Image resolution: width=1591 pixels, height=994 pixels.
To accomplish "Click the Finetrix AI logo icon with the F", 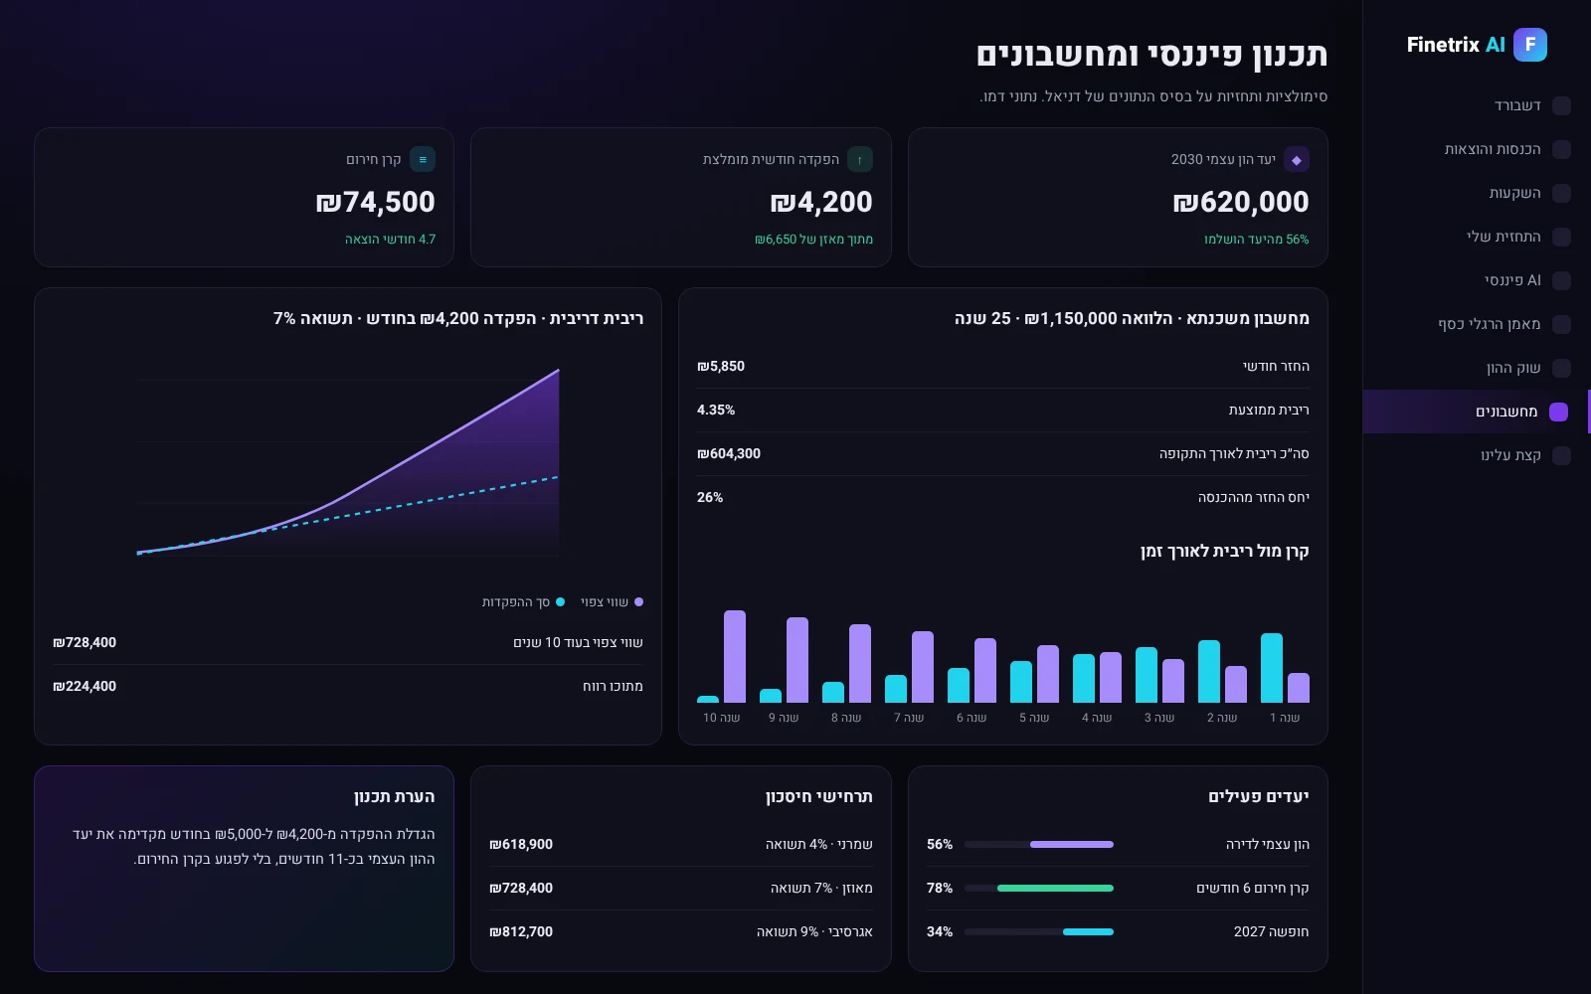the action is (x=1530, y=45).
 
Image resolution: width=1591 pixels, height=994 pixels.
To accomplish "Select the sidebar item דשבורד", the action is (x=1517, y=105).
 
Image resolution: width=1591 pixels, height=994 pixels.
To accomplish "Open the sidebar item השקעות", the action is (x=1515, y=193).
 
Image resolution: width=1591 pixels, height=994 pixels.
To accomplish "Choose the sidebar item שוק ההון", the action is (x=1513, y=368).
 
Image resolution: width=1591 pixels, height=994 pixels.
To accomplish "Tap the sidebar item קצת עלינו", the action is (x=1510, y=455).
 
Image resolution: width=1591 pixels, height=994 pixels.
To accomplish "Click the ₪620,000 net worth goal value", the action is (x=1240, y=202).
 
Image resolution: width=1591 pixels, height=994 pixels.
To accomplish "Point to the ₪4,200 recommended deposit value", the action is (x=821, y=202).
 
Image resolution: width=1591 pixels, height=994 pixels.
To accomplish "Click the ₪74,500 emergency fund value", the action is (x=375, y=202).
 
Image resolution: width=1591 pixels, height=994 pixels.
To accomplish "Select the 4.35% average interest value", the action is (x=716, y=410).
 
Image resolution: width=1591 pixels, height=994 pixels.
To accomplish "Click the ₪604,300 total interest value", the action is (x=729, y=453).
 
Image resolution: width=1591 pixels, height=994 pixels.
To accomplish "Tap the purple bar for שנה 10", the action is (x=735, y=656).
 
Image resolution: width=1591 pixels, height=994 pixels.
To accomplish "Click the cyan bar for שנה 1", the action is (x=1272, y=667).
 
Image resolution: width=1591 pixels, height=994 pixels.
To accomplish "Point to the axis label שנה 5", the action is (x=1033, y=718).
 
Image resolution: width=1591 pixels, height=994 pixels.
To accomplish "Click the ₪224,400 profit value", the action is (x=85, y=687).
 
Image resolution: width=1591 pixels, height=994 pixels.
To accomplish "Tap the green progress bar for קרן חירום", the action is (x=1055, y=889).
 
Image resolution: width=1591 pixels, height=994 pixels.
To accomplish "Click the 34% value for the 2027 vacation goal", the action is (x=939, y=931).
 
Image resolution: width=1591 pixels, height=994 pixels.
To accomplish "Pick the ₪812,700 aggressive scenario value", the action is (x=521, y=931).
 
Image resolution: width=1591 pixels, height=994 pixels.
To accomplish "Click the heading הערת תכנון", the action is (x=394, y=796).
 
